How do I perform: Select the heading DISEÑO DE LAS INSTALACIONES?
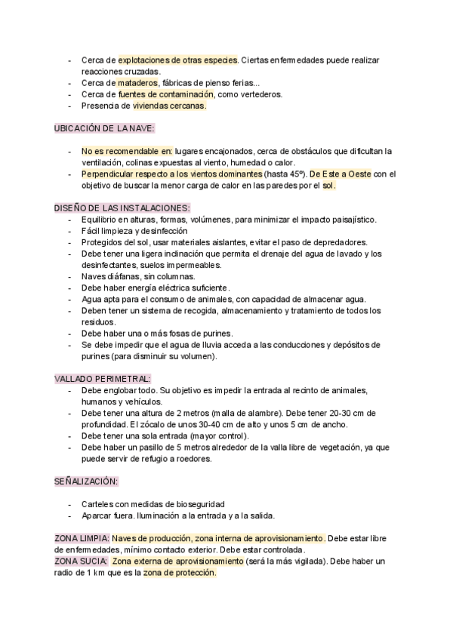point(122,208)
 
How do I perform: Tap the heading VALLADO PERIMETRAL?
point(103,378)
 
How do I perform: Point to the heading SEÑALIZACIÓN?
point(86,481)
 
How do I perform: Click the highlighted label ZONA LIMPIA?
point(82,538)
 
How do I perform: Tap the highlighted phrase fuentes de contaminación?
point(166,94)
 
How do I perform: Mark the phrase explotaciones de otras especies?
point(178,60)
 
